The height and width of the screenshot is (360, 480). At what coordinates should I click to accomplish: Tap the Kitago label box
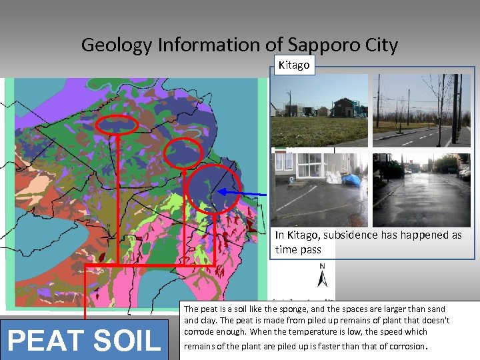[x=293, y=65]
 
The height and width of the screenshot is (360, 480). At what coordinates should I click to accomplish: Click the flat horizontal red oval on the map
[x=117, y=125]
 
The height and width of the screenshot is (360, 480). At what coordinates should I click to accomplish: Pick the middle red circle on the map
[x=183, y=154]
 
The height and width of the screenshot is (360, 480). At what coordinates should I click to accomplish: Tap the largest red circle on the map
[x=213, y=189]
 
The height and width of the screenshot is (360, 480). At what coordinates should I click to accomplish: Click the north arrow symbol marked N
[x=322, y=275]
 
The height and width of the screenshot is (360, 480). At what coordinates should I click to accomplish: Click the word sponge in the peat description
[x=278, y=309]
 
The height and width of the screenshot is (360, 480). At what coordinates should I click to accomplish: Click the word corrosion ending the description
[x=402, y=346]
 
